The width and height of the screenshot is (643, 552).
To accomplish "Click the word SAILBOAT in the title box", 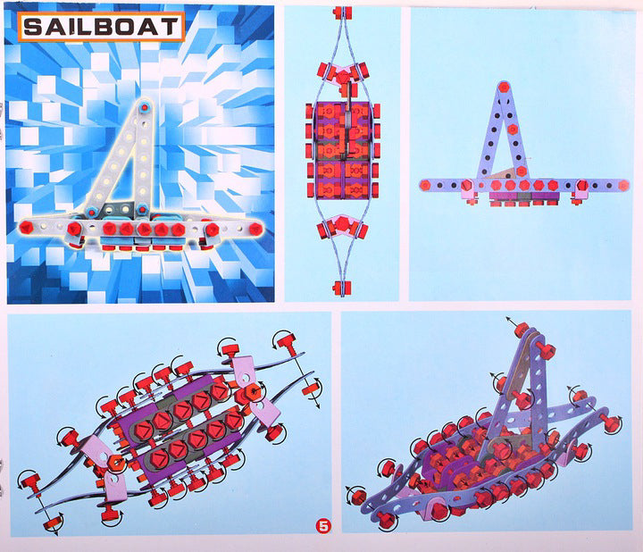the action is coord(101,27).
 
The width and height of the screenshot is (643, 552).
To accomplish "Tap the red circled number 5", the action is coord(323,525).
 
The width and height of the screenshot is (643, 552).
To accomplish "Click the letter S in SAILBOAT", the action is coord(32,27).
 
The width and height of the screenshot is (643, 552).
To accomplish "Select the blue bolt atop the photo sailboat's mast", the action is coord(144,107).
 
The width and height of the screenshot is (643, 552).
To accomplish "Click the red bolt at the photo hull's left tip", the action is coord(26,227).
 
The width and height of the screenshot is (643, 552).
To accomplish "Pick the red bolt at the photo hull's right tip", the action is coord(255,229).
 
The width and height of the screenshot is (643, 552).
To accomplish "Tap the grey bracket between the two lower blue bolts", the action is coord(116,210).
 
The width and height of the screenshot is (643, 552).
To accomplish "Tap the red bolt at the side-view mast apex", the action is coord(504,87).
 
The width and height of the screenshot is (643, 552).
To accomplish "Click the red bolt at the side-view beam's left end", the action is coord(425,185).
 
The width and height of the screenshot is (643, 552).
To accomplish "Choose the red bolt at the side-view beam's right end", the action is coord(623,186).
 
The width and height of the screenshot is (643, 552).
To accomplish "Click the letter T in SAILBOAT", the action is coord(171,27).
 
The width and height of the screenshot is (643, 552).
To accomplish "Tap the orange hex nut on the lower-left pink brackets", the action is coord(117,462).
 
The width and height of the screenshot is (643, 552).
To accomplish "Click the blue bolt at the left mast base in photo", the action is coord(91,212).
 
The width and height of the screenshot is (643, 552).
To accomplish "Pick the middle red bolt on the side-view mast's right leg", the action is coord(513,130).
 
